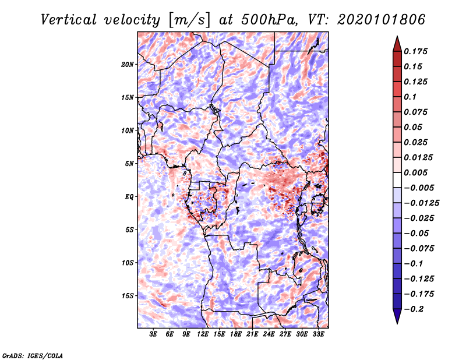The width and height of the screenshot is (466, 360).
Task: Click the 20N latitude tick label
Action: [128, 64]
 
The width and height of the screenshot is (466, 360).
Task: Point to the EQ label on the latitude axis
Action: [130, 197]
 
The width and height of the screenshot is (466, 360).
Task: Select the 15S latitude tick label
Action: [128, 296]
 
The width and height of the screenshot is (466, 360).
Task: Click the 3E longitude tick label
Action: [153, 334]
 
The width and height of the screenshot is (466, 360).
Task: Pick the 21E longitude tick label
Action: [252, 334]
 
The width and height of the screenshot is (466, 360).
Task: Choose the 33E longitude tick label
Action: [317, 334]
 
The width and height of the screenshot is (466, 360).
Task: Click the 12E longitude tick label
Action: [203, 334]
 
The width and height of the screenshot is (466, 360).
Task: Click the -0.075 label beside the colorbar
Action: [421, 248]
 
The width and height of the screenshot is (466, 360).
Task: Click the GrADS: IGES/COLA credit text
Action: [33, 354]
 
